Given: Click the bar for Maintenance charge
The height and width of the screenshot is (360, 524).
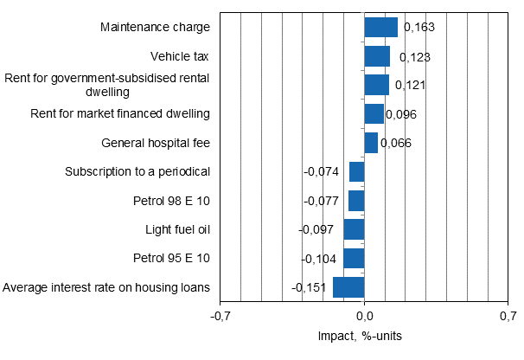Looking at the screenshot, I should (x=380, y=28).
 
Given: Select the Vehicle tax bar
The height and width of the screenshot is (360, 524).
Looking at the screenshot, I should (x=377, y=56).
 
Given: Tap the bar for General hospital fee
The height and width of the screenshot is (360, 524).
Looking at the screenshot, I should (x=371, y=143).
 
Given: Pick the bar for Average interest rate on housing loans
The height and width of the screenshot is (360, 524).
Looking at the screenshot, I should (x=348, y=287).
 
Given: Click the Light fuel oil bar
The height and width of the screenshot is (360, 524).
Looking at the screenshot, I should (x=354, y=229).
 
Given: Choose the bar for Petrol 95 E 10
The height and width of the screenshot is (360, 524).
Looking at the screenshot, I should (x=354, y=258).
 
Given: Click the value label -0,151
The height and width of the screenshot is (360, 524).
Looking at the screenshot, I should (x=310, y=287).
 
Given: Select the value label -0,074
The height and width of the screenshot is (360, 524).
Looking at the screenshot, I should (x=321, y=171).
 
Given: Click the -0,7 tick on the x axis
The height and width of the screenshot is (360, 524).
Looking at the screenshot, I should (x=221, y=317).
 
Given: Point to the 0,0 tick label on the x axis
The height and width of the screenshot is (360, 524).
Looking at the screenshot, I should (x=364, y=317).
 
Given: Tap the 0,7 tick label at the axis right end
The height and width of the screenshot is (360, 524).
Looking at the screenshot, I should (x=508, y=317).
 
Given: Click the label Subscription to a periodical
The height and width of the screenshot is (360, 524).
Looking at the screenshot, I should (x=137, y=171).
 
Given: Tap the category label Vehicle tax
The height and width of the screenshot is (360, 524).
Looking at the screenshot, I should (x=180, y=56).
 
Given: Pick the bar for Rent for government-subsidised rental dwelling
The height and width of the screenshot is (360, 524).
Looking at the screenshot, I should (x=376, y=85).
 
